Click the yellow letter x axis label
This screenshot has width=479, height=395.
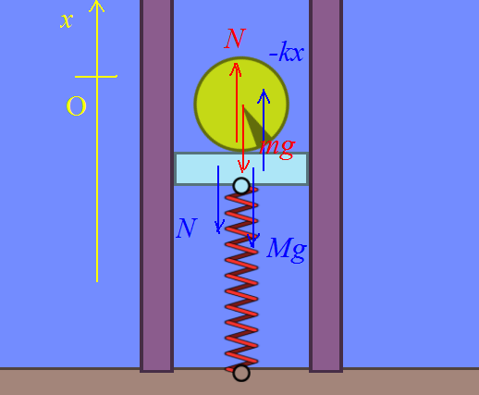[x=67, y=21]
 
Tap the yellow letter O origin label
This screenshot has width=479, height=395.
[x=76, y=105]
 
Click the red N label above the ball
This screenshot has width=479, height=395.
[x=235, y=38]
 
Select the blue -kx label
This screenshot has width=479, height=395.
[x=287, y=52]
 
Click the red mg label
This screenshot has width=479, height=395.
[x=277, y=148]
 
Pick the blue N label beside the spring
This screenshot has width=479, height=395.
[x=187, y=228]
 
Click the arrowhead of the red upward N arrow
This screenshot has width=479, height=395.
[x=236, y=68]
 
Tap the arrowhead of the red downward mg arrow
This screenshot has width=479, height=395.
[x=243, y=167]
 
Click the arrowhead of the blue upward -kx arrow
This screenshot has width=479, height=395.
[x=264, y=94]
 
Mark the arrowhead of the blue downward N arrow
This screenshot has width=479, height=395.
[x=219, y=228]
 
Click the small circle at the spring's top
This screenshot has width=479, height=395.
[x=241, y=186]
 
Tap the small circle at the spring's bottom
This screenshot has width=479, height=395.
[x=241, y=373]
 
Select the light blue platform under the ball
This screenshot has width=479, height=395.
[x=241, y=169]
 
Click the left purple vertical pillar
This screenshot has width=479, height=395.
[x=156, y=186]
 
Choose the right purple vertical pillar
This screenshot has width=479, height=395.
[x=326, y=186]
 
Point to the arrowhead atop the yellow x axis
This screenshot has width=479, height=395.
[x=97, y=6]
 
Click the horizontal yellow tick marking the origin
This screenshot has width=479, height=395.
[x=96, y=77]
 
